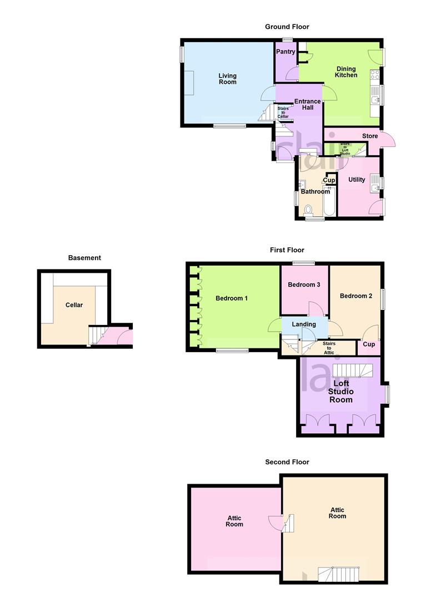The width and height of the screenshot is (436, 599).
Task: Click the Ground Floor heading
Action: [x=287, y=27]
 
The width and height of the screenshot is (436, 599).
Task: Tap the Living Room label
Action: [x=227, y=79]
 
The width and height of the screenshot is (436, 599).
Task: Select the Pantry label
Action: [x=285, y=52]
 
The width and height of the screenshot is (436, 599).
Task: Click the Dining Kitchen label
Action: [x=346, y=72]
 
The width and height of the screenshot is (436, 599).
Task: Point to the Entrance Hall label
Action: [x=307, y=104]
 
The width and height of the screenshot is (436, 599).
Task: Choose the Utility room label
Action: [x=357, y=180]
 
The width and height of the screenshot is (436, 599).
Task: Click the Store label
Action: [x=370, y=136]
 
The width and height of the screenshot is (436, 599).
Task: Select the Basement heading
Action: [x=84, y=258]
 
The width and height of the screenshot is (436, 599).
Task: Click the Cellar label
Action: [x=74, y=305]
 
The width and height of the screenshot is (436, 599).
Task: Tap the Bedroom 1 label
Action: [x=232, y=298]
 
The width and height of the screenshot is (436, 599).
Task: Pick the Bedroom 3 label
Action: [x=304, y=285]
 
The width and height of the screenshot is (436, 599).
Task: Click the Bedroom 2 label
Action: [x=356, y=296]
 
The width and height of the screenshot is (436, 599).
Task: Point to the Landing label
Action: [x=304, y=324]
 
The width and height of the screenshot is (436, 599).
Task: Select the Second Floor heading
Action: [x=287, y=462]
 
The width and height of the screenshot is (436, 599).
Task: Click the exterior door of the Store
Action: [x=388, y=140]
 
